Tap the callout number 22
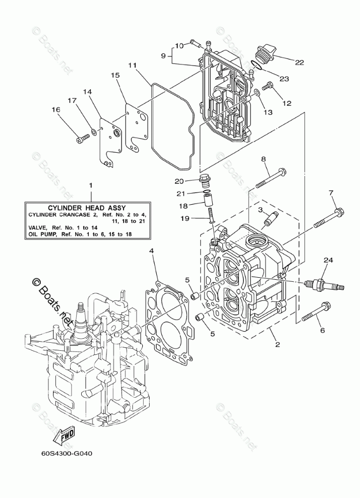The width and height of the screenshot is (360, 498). point(299,63)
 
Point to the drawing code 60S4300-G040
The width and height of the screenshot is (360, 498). point(67,453)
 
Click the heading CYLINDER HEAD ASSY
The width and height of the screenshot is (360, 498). point(87,207)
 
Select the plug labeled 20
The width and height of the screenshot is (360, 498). point(206,179)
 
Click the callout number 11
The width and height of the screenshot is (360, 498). point(133,65)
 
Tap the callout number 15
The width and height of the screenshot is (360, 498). point(115,75)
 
